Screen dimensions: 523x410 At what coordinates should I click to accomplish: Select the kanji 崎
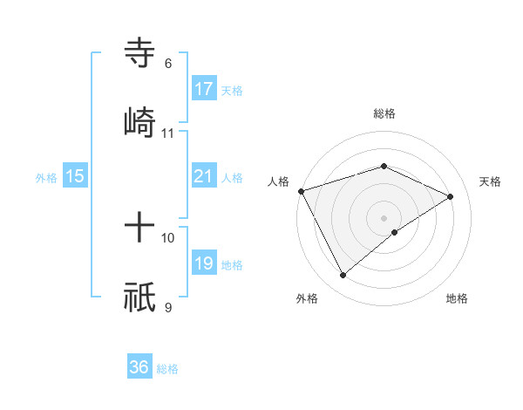(139, 120)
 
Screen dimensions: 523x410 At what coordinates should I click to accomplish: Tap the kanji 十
(139, 229)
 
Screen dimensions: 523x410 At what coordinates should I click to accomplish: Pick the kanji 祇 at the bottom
(139, 297)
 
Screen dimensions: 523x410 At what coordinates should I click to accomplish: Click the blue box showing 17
(204, 89)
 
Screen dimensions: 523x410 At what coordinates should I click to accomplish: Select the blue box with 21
(204, 176)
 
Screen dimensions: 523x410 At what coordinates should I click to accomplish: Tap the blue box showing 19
(204, 263)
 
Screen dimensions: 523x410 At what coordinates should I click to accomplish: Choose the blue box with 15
(75, 176)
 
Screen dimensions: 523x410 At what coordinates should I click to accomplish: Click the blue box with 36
(139, 367)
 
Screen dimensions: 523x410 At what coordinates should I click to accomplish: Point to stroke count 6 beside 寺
(168, 64)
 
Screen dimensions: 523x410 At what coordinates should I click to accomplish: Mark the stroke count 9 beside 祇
(168, 307)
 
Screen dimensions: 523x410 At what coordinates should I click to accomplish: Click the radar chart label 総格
(384, 113)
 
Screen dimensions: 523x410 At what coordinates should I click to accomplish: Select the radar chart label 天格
(490, 181)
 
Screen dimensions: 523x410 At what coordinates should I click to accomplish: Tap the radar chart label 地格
(457, 298)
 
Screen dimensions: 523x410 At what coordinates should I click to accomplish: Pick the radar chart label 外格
(307, 298)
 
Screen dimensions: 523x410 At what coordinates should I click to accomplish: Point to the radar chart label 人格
(278, 181)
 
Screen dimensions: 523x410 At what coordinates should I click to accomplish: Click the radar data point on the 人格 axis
(301, 190)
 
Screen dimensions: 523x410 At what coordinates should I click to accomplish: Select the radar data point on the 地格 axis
(395, 232)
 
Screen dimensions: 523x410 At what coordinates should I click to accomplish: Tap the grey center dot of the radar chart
(384, 217)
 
